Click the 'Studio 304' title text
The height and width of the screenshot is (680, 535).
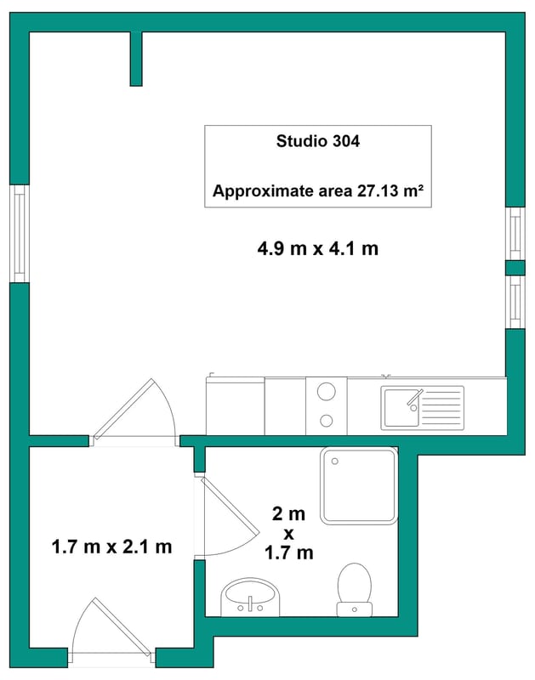pos(317,141)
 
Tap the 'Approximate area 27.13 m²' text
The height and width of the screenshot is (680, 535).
pos(317,190)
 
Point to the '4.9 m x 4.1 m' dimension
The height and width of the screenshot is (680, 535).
pos(317,248)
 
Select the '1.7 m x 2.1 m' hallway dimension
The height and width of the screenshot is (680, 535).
pos(111,547)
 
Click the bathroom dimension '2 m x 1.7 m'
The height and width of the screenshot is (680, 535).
pos(289,533)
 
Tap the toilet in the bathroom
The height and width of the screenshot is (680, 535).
pos(355,590)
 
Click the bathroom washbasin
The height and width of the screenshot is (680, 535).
pos(250,597)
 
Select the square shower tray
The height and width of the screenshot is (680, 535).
pos(359,485)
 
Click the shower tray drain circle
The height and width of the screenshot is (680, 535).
pos(334,462)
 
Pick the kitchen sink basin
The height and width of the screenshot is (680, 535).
pos(401,408)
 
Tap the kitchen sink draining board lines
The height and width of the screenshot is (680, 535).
pos(441,408)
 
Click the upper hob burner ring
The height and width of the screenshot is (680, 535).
pos(327,392)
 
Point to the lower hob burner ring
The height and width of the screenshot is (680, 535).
pos(327,420)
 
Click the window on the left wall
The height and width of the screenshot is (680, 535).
pos(20,234)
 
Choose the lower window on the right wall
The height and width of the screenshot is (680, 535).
pos(515,302)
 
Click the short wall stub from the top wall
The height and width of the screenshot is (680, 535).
pos(136,59)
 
